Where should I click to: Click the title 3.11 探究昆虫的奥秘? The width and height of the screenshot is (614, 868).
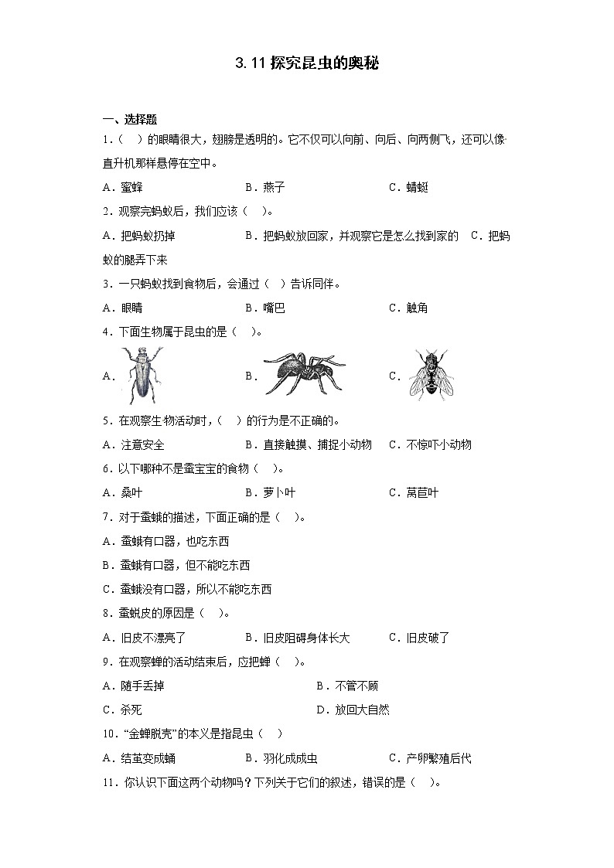coord(307,64)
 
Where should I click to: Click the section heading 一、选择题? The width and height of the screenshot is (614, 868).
coord(130,119)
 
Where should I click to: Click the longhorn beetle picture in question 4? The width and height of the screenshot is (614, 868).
coord(142,375)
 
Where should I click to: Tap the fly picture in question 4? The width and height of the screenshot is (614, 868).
coord(430,374)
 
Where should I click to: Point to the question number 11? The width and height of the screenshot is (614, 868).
coord(110,782)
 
